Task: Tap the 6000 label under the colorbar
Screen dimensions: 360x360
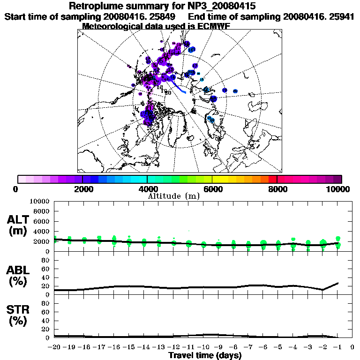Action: (x=213, y=189)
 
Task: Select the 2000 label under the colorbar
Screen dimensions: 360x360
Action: (x=82, y=189)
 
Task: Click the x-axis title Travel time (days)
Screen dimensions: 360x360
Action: (x=205, y=355)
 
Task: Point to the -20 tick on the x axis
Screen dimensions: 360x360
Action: (x=55, y=347)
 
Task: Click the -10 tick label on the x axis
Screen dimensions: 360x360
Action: (x=203, y=347)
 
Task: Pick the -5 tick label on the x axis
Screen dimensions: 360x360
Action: (x=278, y=347)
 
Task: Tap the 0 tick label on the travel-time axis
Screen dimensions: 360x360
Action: (x=352, y=347)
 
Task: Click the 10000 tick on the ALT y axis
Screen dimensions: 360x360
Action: (x=40, y=202)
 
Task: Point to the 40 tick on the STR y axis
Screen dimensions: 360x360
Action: (x=46, y=321)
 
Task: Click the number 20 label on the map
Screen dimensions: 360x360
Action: (x=167, y=92)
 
